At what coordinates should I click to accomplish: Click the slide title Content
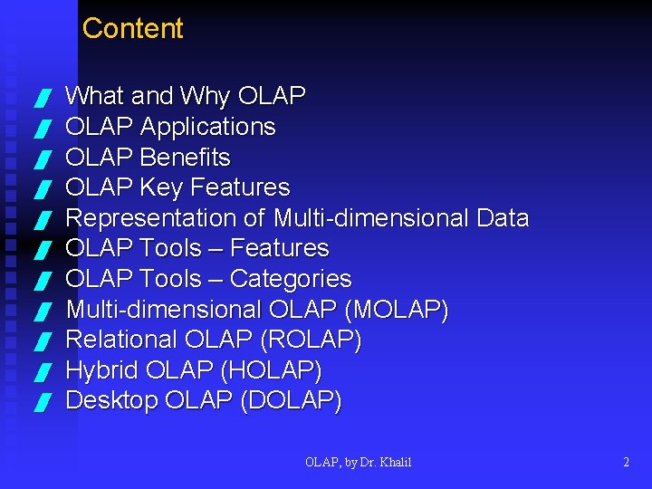[x=132, y=29]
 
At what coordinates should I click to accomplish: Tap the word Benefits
[x=186, y=158]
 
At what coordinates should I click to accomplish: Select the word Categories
[x=291, y=279]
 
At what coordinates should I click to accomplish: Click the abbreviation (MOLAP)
[x=397, y=310]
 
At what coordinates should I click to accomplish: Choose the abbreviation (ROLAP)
[x=310, y=340]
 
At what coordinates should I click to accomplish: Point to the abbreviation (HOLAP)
[x=269, y=370]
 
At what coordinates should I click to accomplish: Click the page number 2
[x=626, y=462]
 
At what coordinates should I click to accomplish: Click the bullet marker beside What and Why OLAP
[x=40, y=97]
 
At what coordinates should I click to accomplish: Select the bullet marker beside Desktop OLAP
[x=40, y=401]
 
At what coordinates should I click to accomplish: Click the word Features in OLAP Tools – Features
[x=280, y=248]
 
